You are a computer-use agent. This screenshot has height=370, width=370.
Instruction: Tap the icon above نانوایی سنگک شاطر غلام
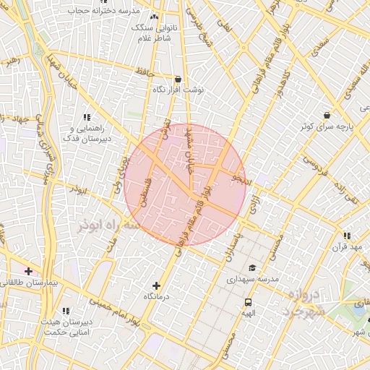(153, 17)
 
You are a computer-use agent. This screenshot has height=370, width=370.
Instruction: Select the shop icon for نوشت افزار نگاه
(178, 79)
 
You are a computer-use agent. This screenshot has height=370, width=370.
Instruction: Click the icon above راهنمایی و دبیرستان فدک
(87, 117)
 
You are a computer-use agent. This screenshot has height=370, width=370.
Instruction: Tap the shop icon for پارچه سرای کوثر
(327, 115)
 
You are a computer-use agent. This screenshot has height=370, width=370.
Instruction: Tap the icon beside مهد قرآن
(348, 236)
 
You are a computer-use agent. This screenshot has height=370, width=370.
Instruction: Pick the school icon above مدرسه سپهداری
(252, 268)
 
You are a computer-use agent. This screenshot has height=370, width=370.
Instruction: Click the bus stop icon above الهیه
(248, 303)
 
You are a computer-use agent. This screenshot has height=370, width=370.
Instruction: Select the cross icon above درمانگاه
(157, 286)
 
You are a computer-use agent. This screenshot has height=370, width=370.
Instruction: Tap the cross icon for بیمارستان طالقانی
(27, 272)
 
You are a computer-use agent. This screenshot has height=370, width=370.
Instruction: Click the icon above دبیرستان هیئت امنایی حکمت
(66, 311)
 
